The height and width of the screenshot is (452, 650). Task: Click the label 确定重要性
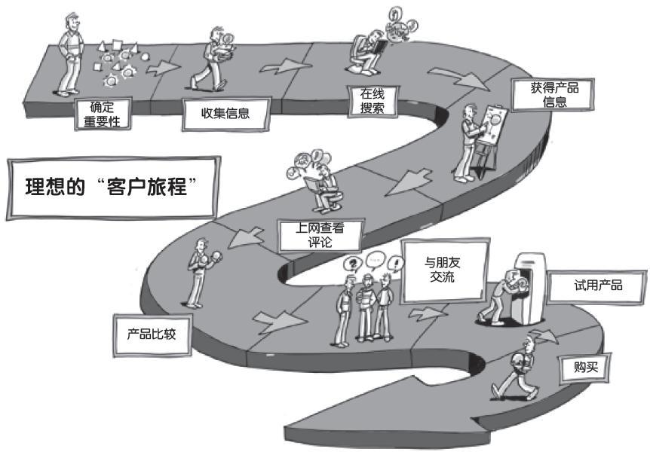(x=103, y=114)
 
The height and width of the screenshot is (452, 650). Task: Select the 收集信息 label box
(x=226, y=114)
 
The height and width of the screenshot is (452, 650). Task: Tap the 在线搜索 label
(x=373, y=101)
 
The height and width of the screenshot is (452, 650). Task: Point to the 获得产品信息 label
(x=553, y=95)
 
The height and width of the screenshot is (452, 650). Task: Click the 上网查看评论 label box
(x=320, y=235)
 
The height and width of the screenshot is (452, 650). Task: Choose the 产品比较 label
(x=152, y=334)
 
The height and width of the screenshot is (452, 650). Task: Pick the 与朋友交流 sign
(x=445, y=270)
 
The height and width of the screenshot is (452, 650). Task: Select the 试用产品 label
(x=597, y=286)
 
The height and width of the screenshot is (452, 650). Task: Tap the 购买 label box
(x=586, y=367)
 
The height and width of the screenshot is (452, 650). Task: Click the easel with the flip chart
(x=490, y=136)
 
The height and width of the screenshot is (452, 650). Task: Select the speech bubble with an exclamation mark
(x=397, y=263)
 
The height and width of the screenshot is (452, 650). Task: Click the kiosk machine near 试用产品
(x=529, y=289)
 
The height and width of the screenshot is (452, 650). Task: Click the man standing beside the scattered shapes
(x=70, y=55)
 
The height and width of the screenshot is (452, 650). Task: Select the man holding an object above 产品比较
(x=201, y=273)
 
